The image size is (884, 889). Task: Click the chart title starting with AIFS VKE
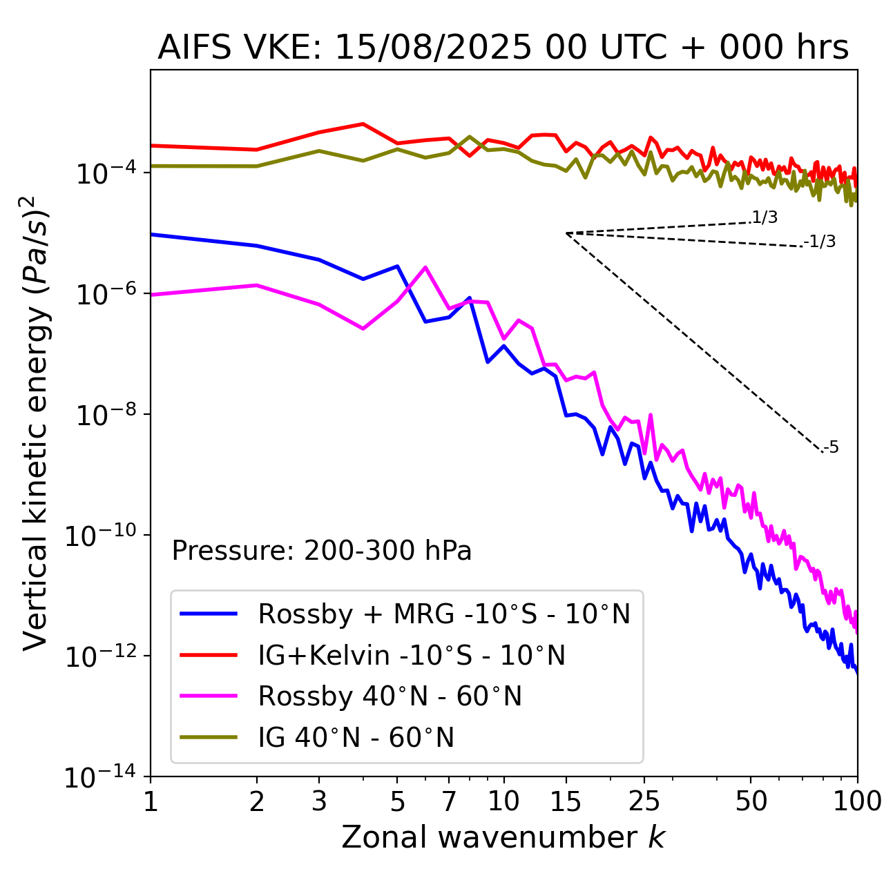click(x=503, y=48)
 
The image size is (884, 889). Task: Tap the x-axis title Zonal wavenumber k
click(x=503, y=837)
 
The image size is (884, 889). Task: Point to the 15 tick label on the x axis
click(x=566, y=801)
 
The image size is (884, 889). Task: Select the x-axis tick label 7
click(x=449, y=801)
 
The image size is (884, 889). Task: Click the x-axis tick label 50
click(x=751, y=801)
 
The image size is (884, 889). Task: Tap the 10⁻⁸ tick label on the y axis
click(x=104, y=416)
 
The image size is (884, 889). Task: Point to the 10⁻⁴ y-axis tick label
click(x=104, y=174)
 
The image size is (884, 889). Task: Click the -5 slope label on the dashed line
click(x=832, y=447)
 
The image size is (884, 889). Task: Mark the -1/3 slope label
click(x=820, y=242)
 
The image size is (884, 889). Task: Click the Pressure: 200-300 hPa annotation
click(x=322, y=551)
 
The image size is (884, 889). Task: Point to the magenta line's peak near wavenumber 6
click(x=425, y=267)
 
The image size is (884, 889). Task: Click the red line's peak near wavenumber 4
click(x=363, y=124)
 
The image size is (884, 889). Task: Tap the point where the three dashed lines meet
click(x=566, y=233)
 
